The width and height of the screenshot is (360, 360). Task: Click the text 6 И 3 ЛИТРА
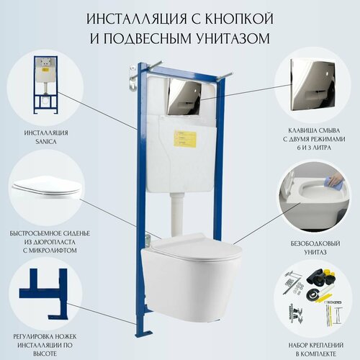314,147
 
